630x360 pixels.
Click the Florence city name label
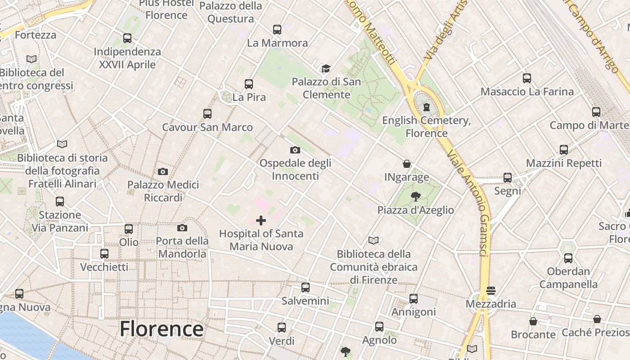tap(162, 329)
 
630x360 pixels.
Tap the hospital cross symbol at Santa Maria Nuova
tap(261, 220)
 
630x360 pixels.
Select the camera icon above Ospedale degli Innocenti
tap(295, 150)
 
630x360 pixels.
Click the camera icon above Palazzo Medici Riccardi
tap(163, 171)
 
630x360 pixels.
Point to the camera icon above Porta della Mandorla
tap(182, 228)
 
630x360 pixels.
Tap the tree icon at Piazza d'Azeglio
tap(415, 196)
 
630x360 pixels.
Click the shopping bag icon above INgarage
tap(407, 164)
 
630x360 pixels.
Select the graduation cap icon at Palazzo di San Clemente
tap(326, 68)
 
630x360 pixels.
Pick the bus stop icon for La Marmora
tap(277, 30)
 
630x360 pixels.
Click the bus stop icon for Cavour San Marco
tap(207, 114)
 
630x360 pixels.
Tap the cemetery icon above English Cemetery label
tap(426, 107)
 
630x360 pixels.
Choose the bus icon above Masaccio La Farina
tap(527, 78)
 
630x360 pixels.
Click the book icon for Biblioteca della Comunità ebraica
tap(373, 240)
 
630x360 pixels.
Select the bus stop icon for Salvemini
tap(306, 288)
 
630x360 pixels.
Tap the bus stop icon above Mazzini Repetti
tap(564, 150)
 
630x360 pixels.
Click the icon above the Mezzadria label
tap(490, 291)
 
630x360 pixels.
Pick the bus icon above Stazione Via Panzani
tap(60, 202)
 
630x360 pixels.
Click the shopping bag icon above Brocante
tap(533, 321)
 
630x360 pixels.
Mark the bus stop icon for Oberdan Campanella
tap(568, 258)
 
